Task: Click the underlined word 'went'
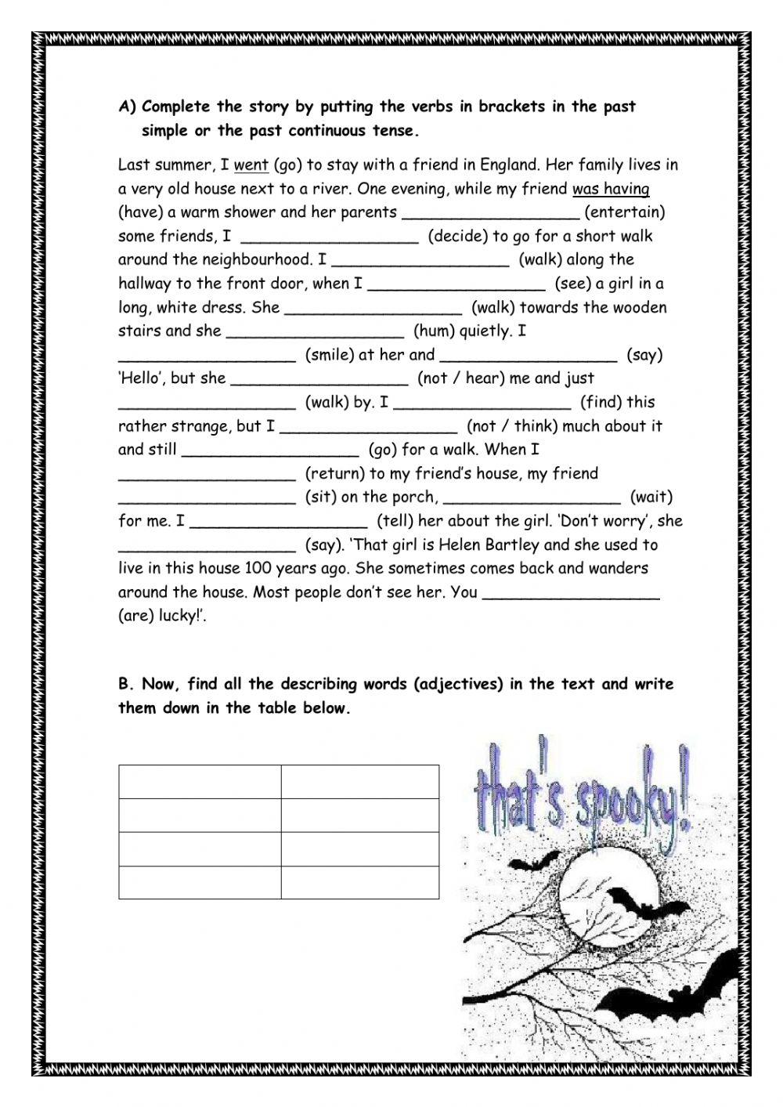click(x=251, y=165)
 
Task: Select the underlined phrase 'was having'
click(x=611, y=189)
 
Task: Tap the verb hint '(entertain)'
click(x=625, y=212)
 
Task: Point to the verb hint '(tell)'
click(x=397, y=521)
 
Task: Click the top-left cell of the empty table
click(x=200, y=782)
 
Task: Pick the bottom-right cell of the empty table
click(x=360, y=882)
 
